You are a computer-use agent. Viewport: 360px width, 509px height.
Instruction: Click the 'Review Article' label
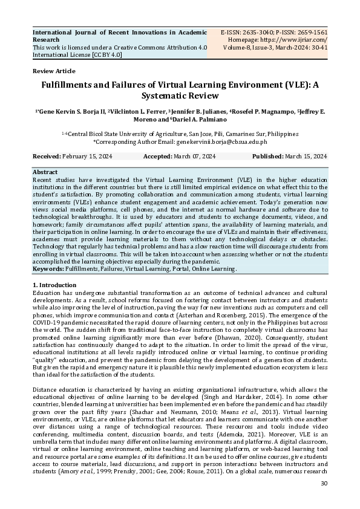pyautogui.click(x=54, y=71)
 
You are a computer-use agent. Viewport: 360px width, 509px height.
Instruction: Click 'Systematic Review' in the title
pyautogui.click(x=180, y=96)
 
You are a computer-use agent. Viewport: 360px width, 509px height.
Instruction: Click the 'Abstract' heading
pyautogui.click(x=45, y=172)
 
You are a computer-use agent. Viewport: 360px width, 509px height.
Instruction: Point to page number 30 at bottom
pyautogui.click(x=323, y=484)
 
